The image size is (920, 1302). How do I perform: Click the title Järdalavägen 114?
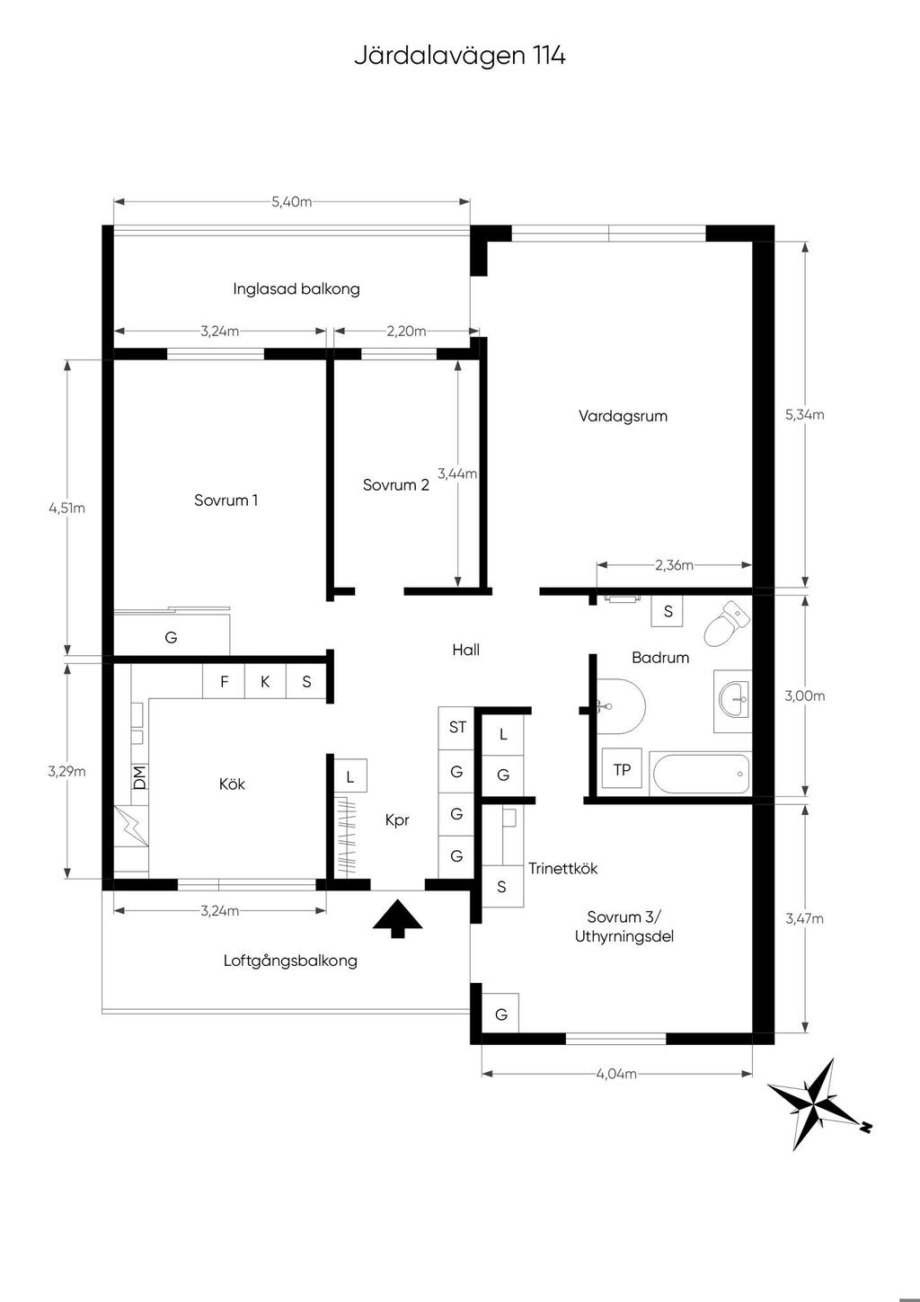[x=459, y=56]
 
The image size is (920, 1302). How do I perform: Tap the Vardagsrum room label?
[x=623, y=416]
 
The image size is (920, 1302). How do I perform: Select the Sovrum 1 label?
[x=226, y=500]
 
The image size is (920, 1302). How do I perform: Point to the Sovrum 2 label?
[x=395, y=484]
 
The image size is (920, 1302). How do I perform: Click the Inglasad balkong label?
[x=296, y=288]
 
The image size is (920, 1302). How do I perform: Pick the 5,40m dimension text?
[x=292, y=201]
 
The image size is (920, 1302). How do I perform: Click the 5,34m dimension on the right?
[x=804, y=414]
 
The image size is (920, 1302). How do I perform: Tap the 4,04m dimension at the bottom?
[x=616, y=1074]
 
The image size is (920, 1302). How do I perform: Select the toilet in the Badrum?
[x=726, y=623]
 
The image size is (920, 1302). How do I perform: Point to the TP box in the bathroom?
[x=622, y=769]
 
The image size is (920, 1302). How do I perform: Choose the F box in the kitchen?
[x=224, y=681]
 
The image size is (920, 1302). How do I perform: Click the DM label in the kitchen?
[x=139, y=777]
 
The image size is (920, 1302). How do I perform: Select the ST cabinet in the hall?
[x=456, y=728]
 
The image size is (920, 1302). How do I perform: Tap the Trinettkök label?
[x=562, y=868]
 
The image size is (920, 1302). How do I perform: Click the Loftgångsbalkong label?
[x=290, y=961]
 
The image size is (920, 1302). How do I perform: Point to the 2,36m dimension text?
[x=674, y=564]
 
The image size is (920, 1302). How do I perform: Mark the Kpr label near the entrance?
[x=397, y=820]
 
